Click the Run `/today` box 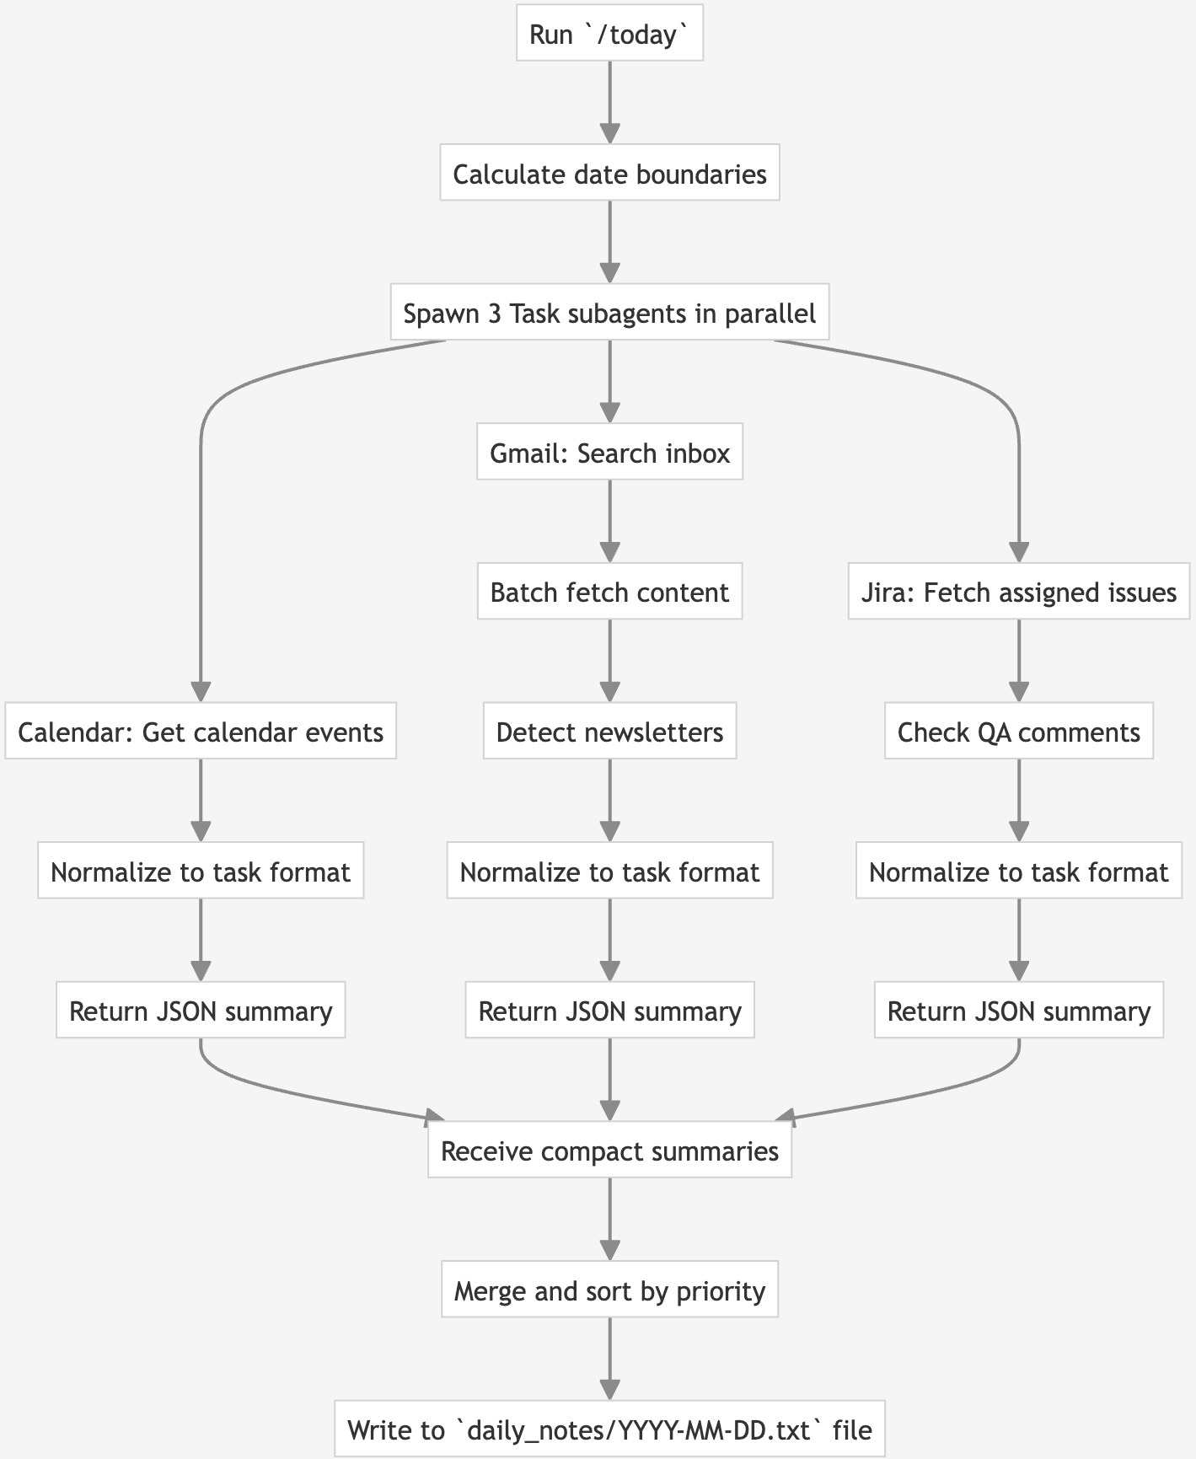pyautogui.click(x=609, y=35)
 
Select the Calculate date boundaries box pyautogui.click(x=609, y=174)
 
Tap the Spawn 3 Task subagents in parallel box pyautogui.click(x=609, y=314)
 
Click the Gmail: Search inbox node pyautogui.click(x=609, y=453)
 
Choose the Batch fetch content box pyautogui.click(x=609, y=593)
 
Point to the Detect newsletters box pyautogui.click(x=609, y=732)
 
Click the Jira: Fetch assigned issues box pyautogui.click(x=1018, y=593)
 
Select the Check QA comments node pyautogui.click(x=1018, y=732)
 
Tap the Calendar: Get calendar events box pyautogui.click(x=201, y=732)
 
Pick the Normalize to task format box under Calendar pyautogui.click(x=201, y=872)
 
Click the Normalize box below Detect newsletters pyautogui.click(x=609, y=872)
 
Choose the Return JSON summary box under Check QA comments pyautogui.click(x=1018, y=1011)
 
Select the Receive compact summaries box pyautogui.click(x=609, y=1151)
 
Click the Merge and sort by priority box pyautogui.click(x=609, y=1290)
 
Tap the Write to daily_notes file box pyautogui.click(x=609, y=1429)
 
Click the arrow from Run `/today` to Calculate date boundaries pyautogui.click(x=609, y=101)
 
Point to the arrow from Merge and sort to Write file pyautogui.click(x=609, y=1357)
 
